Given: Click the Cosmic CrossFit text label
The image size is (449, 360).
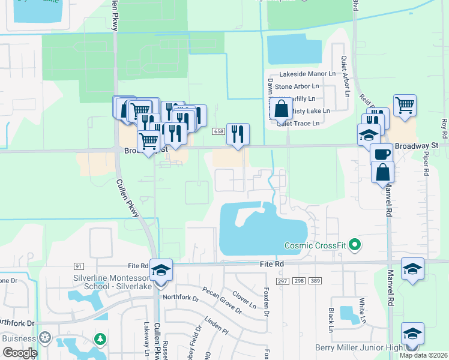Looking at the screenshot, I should click(315, 245).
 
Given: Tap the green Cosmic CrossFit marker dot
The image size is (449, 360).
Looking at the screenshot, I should click(354, 245).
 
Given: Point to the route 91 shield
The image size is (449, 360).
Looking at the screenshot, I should click(79, 266).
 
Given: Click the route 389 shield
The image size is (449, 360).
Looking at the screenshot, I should click(316, 281).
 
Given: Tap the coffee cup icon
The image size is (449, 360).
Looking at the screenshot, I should click(381, 154).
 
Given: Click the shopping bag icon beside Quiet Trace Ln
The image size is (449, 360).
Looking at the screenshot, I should click(281, 110).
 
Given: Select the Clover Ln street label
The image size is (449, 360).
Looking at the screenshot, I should click(244, 300).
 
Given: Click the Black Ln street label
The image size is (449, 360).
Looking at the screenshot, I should click(331, 320).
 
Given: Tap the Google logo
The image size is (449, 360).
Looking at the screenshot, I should click(19, 353).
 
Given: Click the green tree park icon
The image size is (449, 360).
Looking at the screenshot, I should click(100, 340).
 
